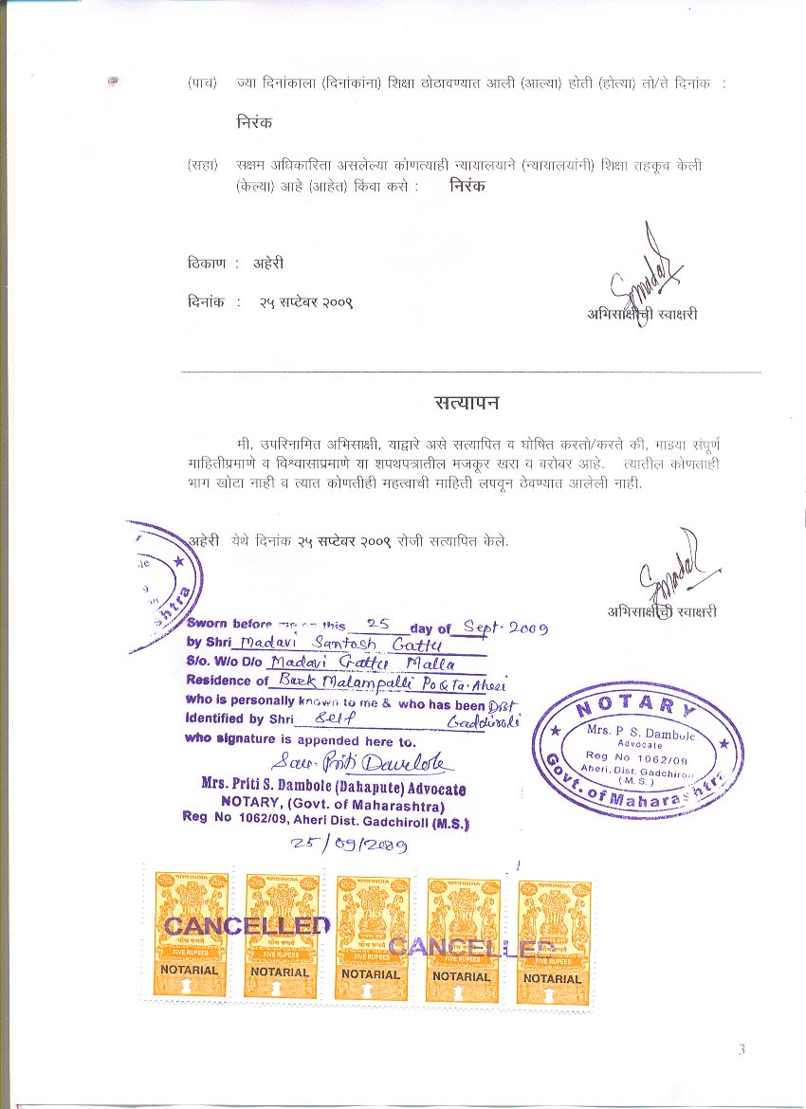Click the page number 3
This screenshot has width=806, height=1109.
pyautogui.click(x=742, y=1049)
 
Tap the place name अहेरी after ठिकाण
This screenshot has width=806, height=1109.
pyautogui.click(x=268, y=264)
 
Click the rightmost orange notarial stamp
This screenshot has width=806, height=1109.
pyautogui.click(x=553, y=941)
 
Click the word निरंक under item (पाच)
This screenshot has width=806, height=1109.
pyautogui.click(x=255, y=122)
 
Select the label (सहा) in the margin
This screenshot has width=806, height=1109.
pyautogui.click(x=203, y=165)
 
